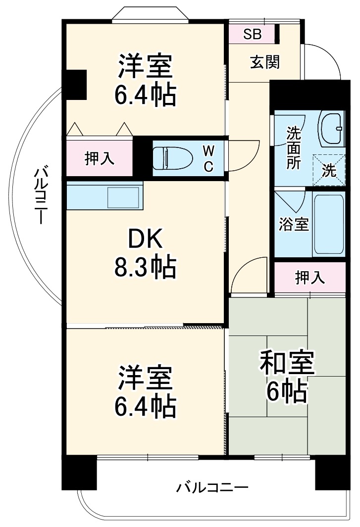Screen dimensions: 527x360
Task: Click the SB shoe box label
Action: click(x=252, y=34)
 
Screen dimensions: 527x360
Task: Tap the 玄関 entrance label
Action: click(x=264, y=62)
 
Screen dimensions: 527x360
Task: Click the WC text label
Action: click(x=209, y=158)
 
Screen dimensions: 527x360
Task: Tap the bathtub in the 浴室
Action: click(x=329, y=224)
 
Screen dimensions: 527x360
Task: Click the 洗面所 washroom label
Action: click(x=294, y=148)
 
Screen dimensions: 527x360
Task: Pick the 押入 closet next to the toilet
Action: click(x=99, y=158)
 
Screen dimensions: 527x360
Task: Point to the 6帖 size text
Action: click(x=287, y=392)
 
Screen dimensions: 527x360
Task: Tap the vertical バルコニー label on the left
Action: click(x=41, y=196)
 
